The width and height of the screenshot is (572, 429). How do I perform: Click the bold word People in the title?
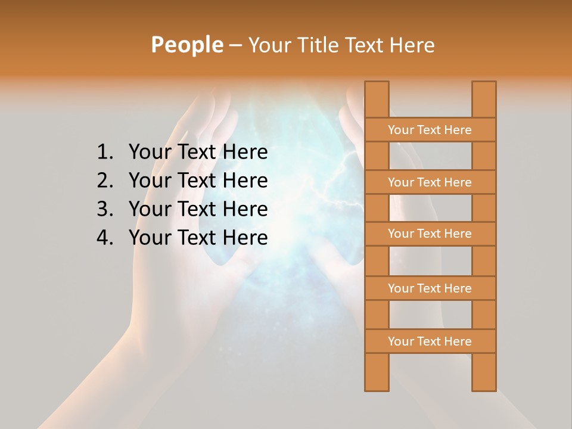click(186, 45)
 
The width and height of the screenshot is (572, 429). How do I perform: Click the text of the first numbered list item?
click(198, 153)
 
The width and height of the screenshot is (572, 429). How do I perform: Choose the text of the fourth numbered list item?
click(198, 238)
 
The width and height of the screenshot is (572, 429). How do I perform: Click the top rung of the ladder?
click(430, 130)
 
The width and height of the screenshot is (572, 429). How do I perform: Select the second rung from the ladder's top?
click(430, 182)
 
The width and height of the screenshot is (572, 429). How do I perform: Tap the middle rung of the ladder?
click(430, 234)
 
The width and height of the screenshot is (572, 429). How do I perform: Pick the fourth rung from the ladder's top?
click(430, 288)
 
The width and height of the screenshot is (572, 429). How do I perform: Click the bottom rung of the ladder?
click(430, 341)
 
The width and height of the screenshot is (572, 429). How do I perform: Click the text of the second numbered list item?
click(198, 181)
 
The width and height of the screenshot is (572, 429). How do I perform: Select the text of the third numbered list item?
click(198, 209)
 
